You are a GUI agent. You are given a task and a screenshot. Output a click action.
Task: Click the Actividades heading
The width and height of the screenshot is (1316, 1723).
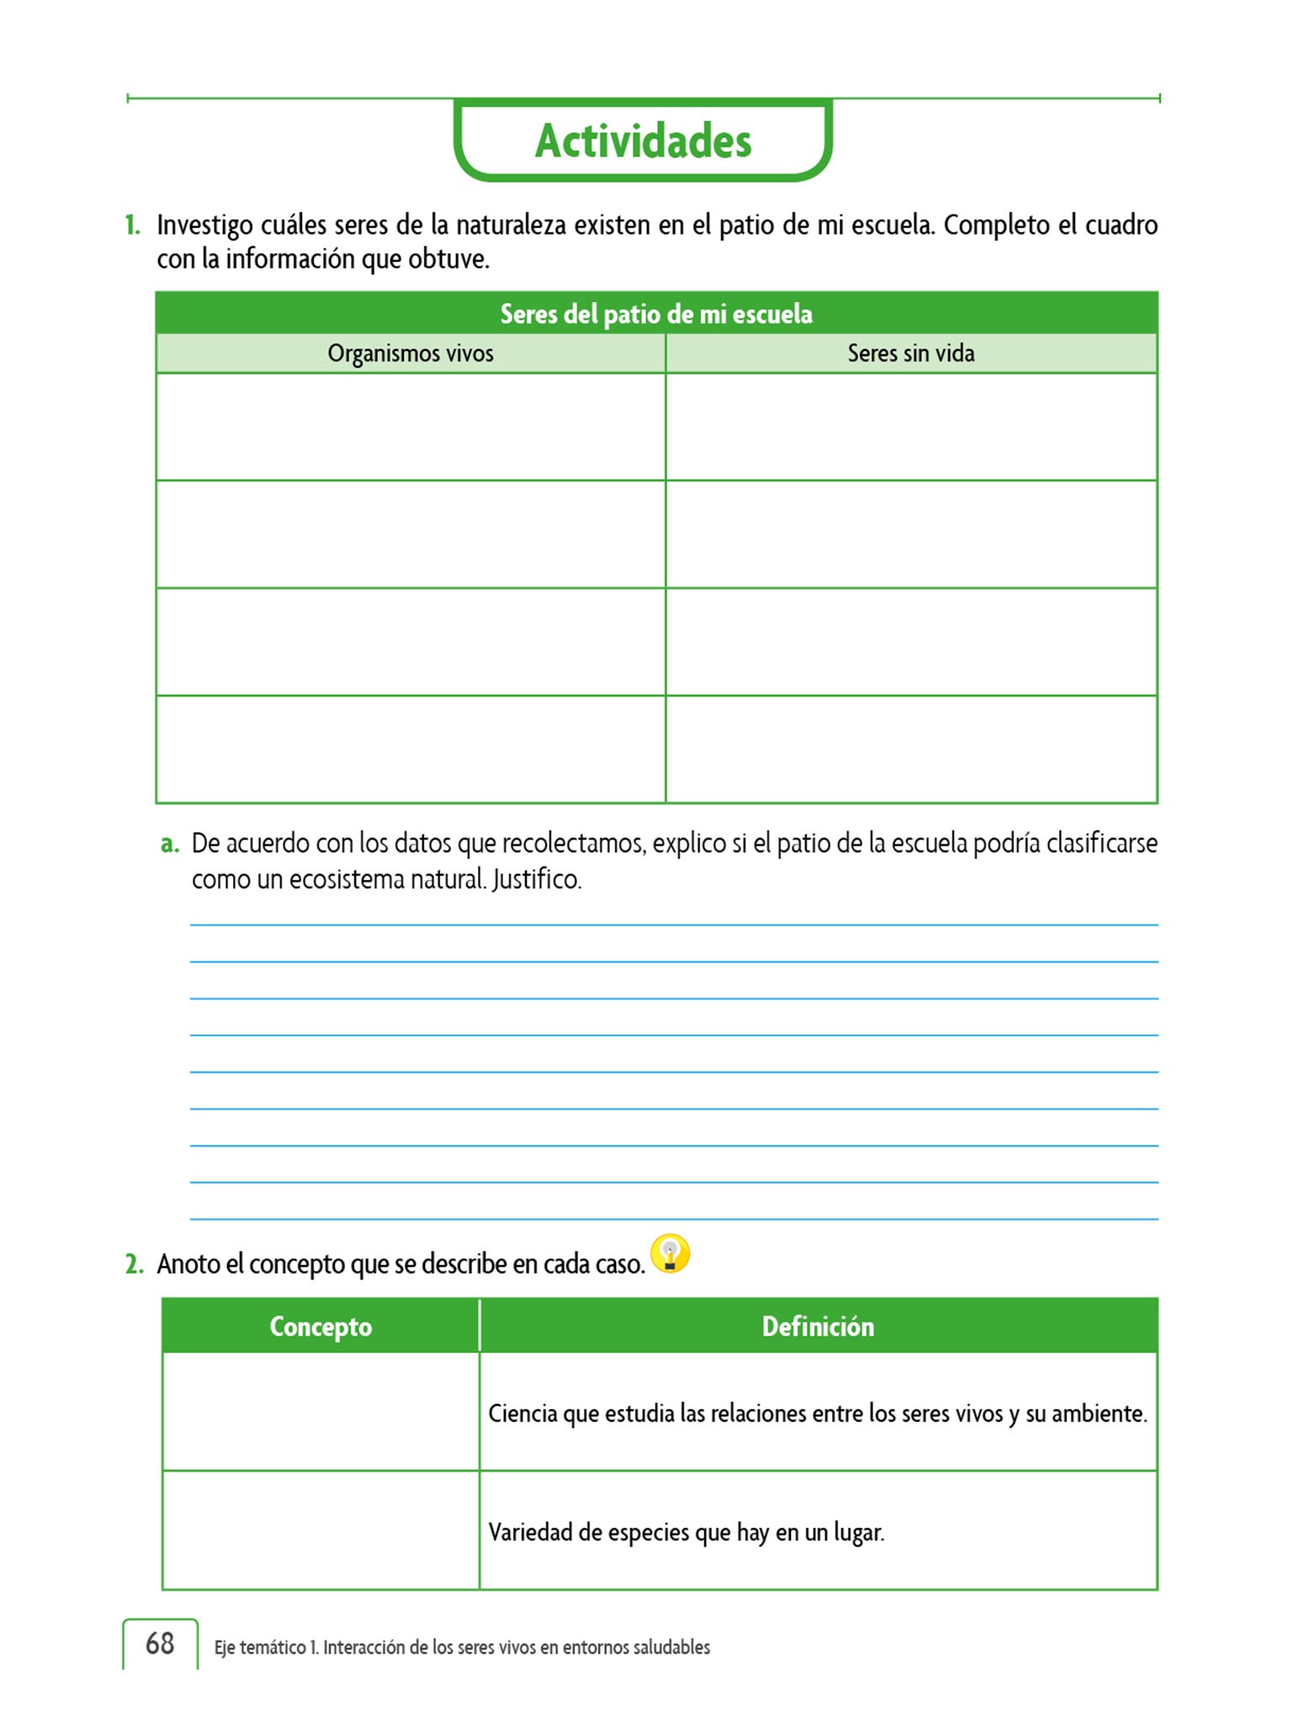click(643, 141)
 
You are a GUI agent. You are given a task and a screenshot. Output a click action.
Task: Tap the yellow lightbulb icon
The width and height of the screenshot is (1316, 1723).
click(671, 1254)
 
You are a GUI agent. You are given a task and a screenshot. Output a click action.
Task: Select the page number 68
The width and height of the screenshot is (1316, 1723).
click(160, 1643)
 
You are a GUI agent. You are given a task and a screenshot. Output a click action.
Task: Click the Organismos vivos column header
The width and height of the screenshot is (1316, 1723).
click(411, 353)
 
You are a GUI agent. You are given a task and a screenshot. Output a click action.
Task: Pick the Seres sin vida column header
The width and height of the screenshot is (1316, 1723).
click(910, 353)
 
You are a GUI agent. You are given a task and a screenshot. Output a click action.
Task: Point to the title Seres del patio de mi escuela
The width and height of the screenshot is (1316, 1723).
click(656, 314)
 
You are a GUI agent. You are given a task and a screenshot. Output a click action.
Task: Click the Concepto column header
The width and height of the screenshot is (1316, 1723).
click(321, 1326)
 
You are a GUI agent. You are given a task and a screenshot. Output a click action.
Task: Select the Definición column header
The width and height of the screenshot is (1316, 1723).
click(818, 1326)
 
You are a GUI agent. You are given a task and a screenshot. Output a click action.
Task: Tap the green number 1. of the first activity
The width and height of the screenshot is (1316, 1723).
click(133, 225)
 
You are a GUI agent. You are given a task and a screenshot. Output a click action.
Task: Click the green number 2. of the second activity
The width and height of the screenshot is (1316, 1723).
click(135, 1264)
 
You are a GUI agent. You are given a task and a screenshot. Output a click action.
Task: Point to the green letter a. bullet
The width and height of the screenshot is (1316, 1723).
click(170, 843)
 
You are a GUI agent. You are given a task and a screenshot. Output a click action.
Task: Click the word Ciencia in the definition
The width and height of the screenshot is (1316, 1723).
click(523, 1413)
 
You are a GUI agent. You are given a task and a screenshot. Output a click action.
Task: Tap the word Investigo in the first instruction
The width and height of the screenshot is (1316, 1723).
click(204, 225)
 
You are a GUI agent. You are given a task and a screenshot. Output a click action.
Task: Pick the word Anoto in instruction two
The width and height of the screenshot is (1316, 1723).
click(190, 1264)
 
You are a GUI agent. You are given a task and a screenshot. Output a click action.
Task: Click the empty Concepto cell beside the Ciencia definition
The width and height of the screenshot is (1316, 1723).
click(321, 1412)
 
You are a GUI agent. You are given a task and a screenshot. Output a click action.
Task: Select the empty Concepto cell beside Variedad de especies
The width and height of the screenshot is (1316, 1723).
click(321, 1530)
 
